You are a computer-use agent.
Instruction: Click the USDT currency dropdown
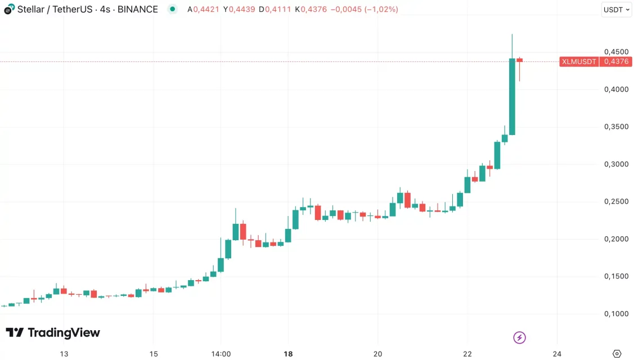point(617,10)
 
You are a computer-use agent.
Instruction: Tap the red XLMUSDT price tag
point(579,62)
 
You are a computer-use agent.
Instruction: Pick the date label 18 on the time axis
point(288,354)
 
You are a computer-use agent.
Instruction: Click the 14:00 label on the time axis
point(221,354)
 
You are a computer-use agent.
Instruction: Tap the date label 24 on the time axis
point(557,354)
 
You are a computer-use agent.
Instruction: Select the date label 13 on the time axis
point(64,354)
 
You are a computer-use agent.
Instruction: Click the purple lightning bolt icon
point(520,337)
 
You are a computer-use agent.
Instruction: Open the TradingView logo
point(53,332)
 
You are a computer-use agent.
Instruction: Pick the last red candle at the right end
point(520,60)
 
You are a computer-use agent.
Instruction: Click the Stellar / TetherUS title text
point(55,10)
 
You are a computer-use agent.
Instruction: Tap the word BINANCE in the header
point(138,10)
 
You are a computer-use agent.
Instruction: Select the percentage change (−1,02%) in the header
point(381,10)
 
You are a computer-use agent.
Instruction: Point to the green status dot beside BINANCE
point(173,10)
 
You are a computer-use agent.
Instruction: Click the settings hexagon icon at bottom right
point(617,353)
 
